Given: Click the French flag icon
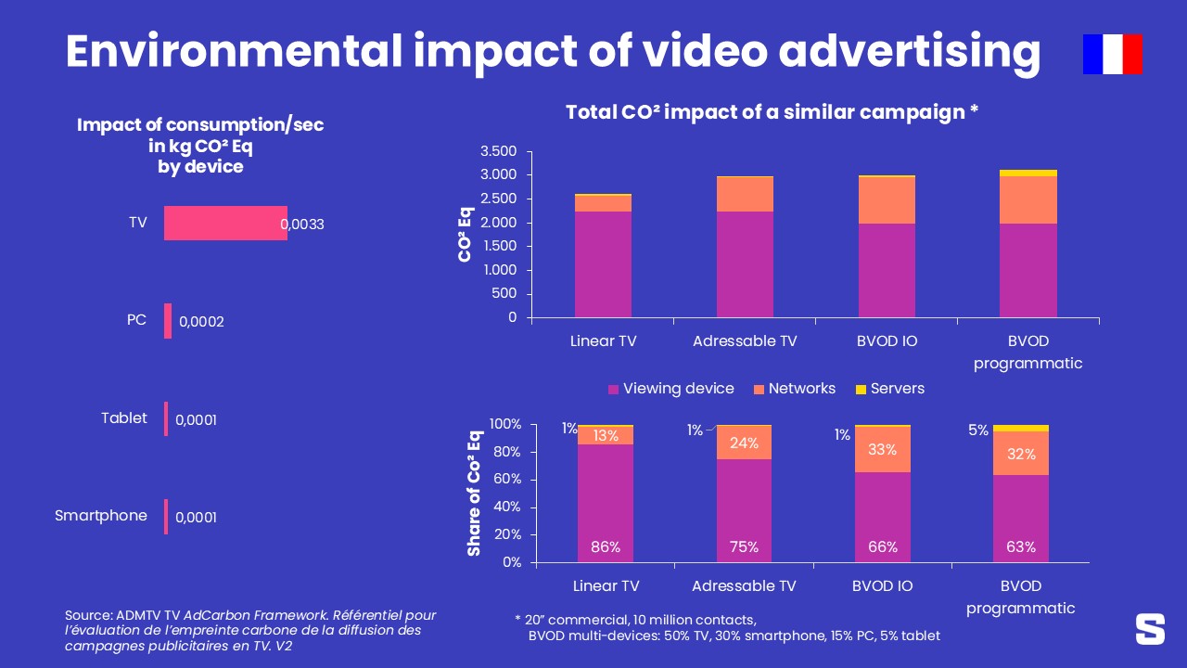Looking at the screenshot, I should (1112, 54).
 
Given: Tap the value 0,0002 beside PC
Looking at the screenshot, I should (201, 322).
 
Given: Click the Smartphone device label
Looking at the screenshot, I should (100, 516).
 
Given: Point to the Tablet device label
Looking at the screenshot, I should (124, 418).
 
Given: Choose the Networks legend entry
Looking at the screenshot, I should (793, 389).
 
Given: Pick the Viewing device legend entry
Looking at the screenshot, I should (670, 389).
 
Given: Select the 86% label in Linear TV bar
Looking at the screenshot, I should (606, 547).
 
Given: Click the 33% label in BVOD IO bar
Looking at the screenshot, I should (882, 450).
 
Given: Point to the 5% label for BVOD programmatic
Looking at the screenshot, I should (977, 430).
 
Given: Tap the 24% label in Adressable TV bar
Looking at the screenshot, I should (744, 443).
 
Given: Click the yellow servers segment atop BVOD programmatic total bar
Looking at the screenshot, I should (1028, 173).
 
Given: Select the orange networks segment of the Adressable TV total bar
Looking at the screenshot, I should (746, 194).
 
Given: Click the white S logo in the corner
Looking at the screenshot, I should (1150, 628).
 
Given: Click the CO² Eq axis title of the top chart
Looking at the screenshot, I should (466, 234).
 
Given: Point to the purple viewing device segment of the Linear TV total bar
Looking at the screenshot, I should (603, 264).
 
